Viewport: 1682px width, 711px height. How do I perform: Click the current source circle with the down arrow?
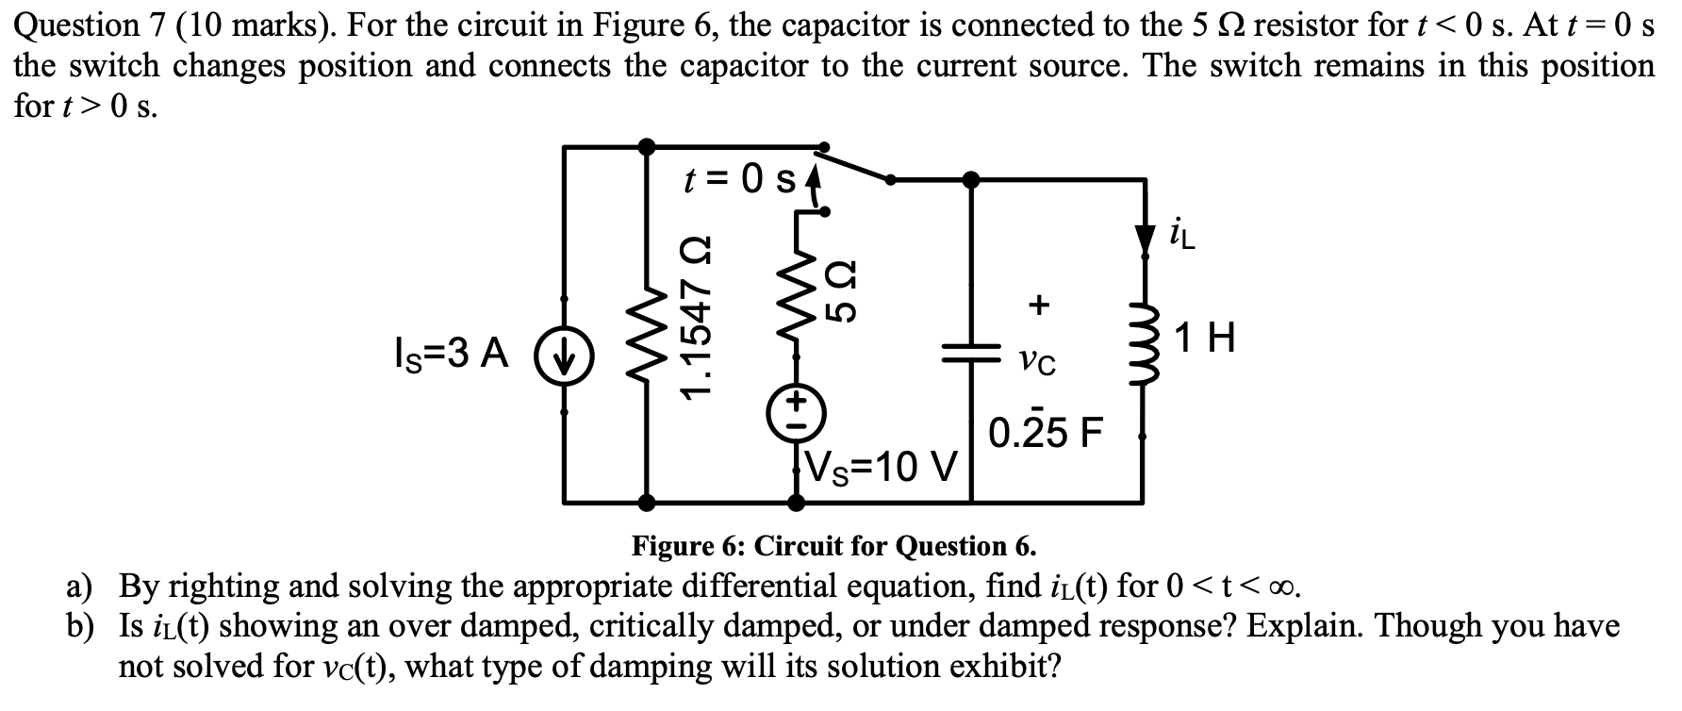(x=564, y=356)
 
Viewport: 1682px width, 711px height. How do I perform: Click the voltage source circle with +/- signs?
(x=797, y=413)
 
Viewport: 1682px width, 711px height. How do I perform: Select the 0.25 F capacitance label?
(x=1045, y=433)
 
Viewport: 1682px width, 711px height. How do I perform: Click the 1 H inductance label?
(x=1205, y=339)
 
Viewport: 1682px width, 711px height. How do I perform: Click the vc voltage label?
(x=1038, y=359)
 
